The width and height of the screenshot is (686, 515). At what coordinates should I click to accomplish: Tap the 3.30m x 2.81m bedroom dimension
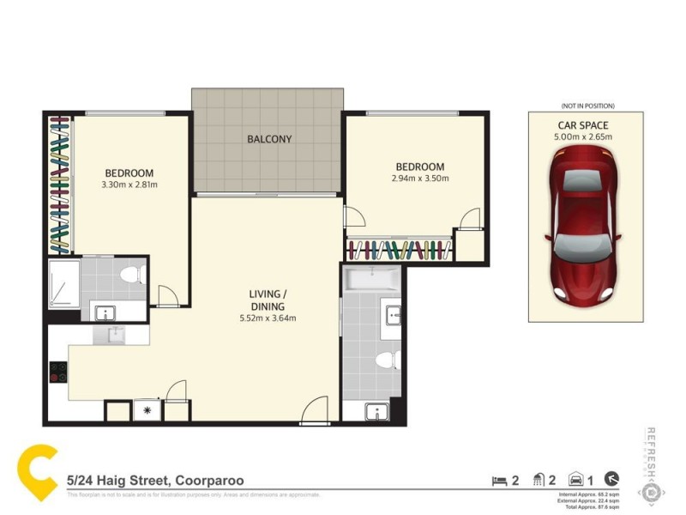pyautogui.click(x=129, y=184)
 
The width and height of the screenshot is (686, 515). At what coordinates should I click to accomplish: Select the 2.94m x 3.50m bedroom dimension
pyautogui.click(x=419, y=179)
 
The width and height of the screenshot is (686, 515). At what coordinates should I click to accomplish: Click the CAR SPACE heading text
pyautogui.click(x=585, y=124)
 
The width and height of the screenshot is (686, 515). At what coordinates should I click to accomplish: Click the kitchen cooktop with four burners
pyautogui.click(x=59, y=372)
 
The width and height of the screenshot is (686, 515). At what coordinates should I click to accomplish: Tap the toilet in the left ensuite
pyautogui.click(x=129, y=276)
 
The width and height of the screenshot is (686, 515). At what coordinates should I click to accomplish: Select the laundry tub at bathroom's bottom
pyautogui.click(x=376, y=411)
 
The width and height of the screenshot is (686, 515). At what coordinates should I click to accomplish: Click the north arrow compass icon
pyautogui.click(x=611, y=480)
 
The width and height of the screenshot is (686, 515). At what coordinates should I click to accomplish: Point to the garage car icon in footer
pyautogui.click(x=578, y=480)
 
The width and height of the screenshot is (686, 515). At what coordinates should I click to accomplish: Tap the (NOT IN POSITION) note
pyautogui.click(x=585, y=106)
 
